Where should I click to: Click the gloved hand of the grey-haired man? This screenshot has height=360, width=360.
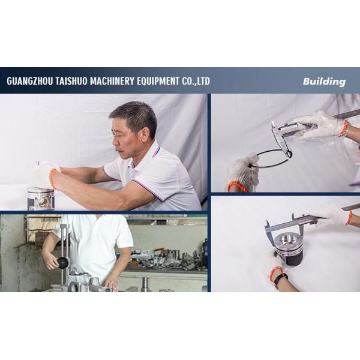pos(43,175)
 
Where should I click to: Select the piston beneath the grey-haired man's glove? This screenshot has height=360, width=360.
pos(41,198)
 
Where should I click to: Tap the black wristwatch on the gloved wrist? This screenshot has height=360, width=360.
pos(279,278)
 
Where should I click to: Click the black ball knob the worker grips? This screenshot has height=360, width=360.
pos(62,262)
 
